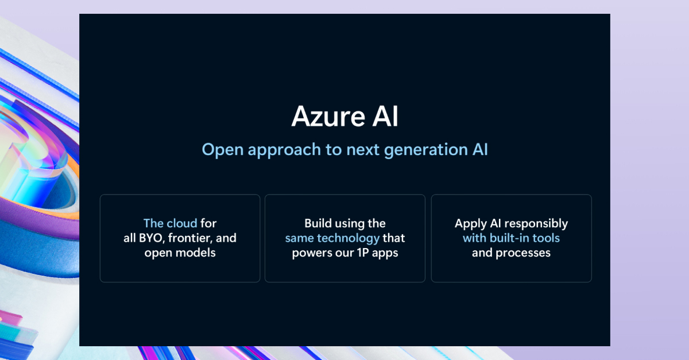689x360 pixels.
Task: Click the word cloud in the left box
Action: click(x=182, y=223)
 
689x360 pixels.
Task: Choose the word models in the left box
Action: click(x=196, y=253)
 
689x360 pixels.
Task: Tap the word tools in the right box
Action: click(x=547, y=238)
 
